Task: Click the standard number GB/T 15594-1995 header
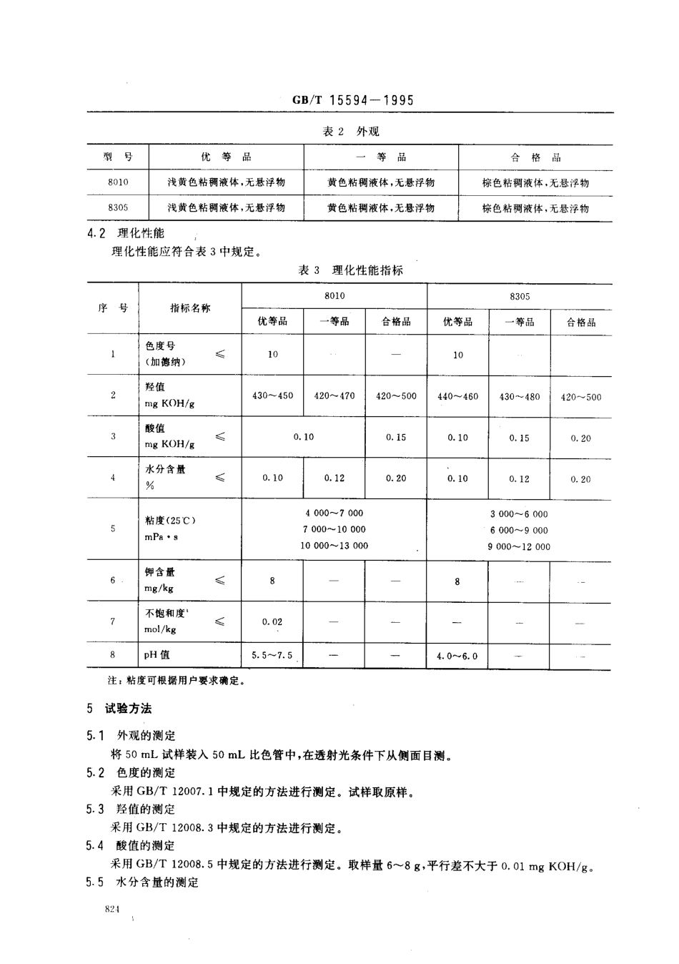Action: coord(353,100)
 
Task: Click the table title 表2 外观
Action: coord(350,132)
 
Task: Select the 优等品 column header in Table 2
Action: coord(226,157)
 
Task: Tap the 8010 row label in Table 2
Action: coord(118,182)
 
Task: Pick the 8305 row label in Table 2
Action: coord(118,208)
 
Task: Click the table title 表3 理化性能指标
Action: coord(350,270)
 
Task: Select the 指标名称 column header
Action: coord(190,308)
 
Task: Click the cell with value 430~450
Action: coord(272,395)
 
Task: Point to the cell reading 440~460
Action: coord(457,396)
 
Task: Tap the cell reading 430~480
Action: coord(520,396)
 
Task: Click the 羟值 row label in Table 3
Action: coord(155,388)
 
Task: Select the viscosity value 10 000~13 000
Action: coord(334,546)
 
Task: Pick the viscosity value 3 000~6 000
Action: coord(520,514)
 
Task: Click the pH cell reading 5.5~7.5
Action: coord(272,655)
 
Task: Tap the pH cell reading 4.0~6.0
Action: coord(457,656)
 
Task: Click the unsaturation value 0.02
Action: coord(272,622)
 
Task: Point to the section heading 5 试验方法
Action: coord(119,709)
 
